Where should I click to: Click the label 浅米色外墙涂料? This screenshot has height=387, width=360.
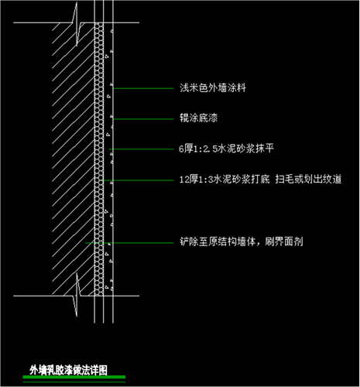click(x=213, y=88)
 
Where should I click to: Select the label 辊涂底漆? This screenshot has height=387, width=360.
click(x=199, y=118)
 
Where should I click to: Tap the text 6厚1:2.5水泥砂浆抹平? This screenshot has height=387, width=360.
click(x=226, y=149)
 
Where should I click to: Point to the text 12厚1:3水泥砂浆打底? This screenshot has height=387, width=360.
click(x=225, y=179)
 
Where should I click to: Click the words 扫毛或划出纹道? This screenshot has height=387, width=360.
click(x=308, y=179)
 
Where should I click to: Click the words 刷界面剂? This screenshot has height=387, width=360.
click(x=284, y=241)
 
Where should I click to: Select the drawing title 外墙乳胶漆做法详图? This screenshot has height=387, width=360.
click(x=68, y=370)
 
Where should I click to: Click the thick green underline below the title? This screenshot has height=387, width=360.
click(x=74, y=377)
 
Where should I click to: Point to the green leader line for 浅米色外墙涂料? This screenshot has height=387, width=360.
click(x=143, y=88)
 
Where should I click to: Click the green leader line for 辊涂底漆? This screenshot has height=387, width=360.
click(x=143, y=119)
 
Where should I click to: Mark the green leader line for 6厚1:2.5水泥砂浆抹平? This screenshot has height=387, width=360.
click(x=141, y=149)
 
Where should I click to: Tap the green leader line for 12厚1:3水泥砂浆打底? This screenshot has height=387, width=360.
click(x=139, y=180)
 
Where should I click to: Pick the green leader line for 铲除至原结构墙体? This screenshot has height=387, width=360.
click(x=129, y=243)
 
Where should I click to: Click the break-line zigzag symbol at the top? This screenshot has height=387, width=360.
click(x=77, y=25)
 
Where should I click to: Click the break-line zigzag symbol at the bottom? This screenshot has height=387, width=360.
click(x=77, y=295)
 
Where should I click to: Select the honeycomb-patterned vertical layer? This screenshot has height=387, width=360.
click(x=99, y=159)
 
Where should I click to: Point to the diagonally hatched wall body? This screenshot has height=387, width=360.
click(x=73, y=159)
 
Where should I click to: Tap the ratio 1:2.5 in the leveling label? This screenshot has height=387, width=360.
click(x=206, y=149)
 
